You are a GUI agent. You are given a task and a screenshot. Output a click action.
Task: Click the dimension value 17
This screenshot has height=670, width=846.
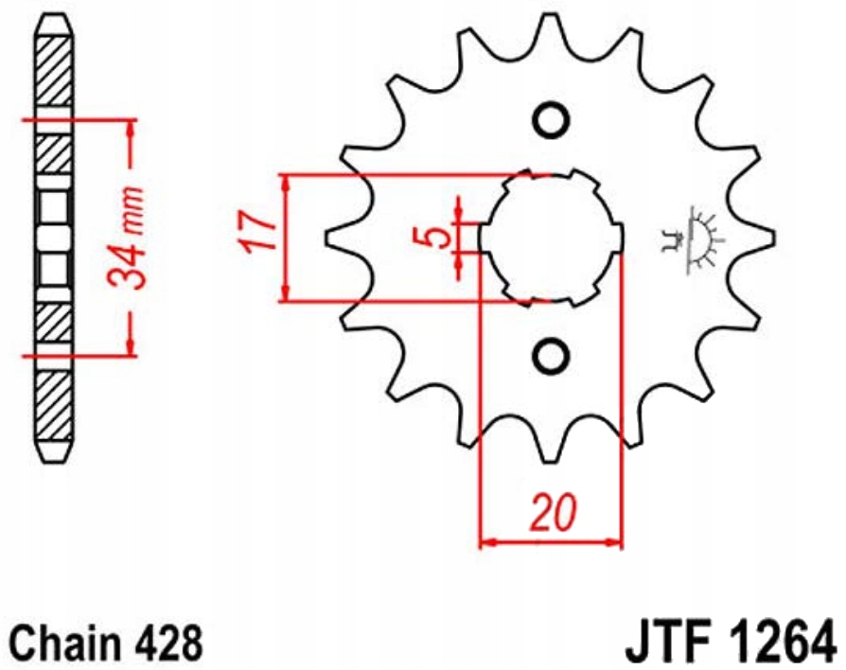tap(257, 234)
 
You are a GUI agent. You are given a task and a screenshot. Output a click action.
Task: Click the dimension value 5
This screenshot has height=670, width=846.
tap(436, 236)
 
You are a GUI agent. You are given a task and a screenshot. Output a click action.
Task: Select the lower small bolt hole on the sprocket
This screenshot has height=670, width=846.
tap(550, 356)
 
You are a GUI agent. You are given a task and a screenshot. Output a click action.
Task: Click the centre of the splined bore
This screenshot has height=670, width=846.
tap(551, 238)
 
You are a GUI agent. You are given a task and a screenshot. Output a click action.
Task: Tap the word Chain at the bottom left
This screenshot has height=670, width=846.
tap(60, 644)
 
